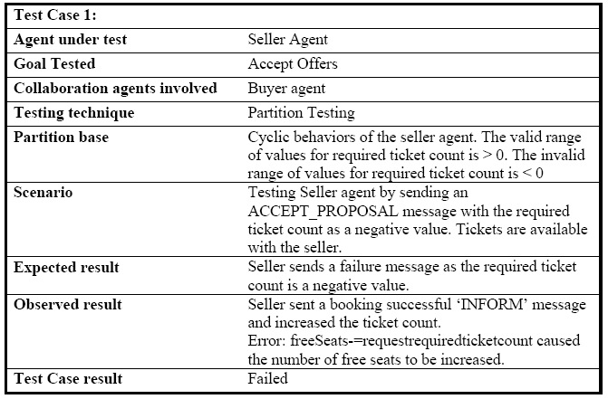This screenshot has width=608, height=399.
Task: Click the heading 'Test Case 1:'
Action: [54, 15]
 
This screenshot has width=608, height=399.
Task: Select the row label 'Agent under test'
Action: [70, 40]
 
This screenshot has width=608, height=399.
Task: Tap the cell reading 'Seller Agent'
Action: [288, 40]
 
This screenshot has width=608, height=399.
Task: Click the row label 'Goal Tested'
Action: [54, 64]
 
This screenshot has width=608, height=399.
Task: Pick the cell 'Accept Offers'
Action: [293, 64]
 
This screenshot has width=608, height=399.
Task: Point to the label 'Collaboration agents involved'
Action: [115, 89]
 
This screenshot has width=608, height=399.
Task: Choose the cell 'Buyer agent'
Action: [286, 89]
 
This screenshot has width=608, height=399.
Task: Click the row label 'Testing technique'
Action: [74, 113]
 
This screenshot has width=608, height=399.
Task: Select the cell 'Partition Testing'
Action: [302, 113]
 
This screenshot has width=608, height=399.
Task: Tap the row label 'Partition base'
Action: [61, 138]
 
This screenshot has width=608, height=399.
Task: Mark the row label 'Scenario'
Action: [43, 193]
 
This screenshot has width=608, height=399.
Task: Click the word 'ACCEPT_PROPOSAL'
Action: [323, 212]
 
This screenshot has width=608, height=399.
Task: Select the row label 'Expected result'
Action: [66, 268]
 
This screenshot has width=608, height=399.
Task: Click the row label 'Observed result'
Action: [68, 305]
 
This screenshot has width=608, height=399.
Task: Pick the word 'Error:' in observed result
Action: [266, 341]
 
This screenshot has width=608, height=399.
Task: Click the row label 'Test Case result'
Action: [68, 379]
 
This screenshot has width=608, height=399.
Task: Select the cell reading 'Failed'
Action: [268, 378]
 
